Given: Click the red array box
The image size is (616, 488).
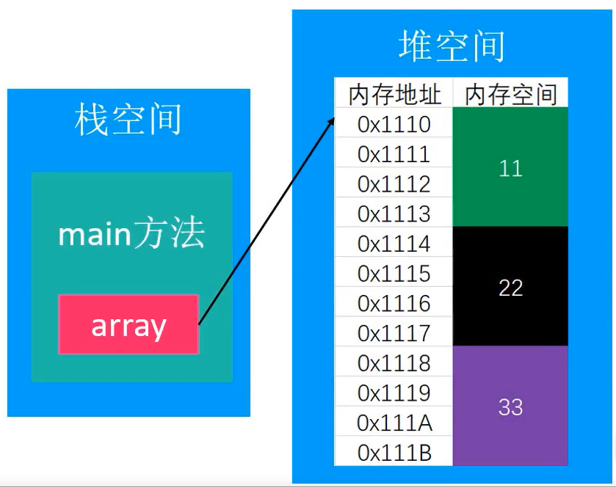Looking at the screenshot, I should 128,325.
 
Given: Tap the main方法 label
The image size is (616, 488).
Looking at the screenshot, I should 131,234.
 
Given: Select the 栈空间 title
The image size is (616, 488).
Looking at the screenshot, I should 128,120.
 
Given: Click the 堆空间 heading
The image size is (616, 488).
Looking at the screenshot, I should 452,45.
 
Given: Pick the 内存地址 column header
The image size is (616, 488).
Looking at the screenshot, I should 394,94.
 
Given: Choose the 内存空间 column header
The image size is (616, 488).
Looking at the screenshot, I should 511,94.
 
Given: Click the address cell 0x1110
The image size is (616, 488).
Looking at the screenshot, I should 394,124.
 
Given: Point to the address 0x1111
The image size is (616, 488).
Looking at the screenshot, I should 394,154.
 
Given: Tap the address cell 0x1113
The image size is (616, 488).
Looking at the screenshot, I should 394,214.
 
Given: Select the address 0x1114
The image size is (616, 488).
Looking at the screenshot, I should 394,244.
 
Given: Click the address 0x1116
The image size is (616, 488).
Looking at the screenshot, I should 394,303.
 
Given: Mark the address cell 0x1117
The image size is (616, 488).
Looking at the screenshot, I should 394,333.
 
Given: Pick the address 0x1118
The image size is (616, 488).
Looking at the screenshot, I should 394,363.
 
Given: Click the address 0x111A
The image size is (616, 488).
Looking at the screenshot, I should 394,423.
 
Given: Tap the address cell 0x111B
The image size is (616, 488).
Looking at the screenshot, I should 394,453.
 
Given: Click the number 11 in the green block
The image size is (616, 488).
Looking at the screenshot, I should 510,169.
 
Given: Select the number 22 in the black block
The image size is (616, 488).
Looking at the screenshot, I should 510,288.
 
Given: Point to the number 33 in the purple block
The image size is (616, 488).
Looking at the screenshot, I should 510,407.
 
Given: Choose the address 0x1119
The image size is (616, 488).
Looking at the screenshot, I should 394,393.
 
